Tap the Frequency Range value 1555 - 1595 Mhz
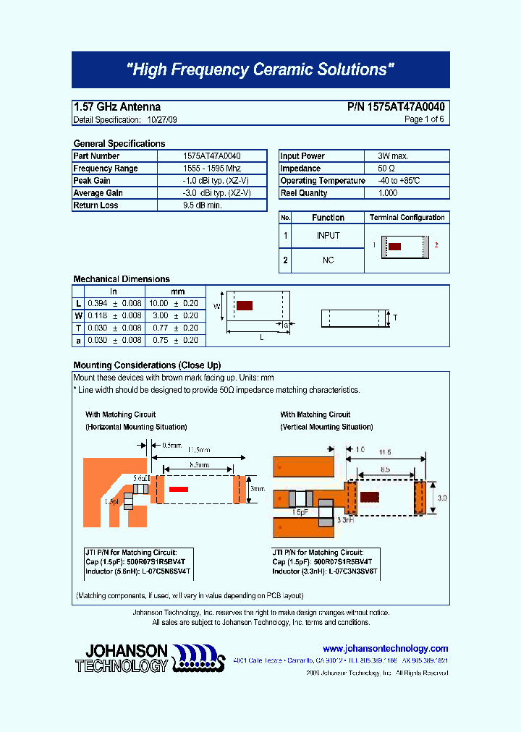[212, 169]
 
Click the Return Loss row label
[96, 205]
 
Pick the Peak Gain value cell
[212, 181]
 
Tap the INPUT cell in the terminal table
[328, 236]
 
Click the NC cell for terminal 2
[328, 260]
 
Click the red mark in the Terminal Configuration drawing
[394, 246]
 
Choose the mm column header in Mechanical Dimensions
[177, 291]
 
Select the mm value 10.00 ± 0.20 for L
[173, 304]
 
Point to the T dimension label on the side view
[395, 318]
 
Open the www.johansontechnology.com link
[385, 649]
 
